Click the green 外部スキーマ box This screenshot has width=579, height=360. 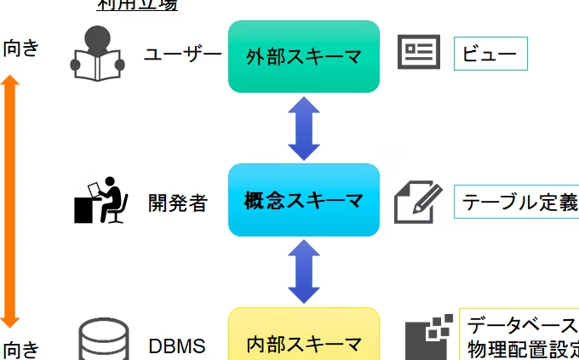[303, 56]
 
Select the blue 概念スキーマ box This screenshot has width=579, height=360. [303, 201]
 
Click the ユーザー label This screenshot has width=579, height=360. [182, 56]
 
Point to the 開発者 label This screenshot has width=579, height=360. [177, 203]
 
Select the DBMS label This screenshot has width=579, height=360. [177, 346]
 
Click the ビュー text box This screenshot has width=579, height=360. [490, 54]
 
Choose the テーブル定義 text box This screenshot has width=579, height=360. [518, 203]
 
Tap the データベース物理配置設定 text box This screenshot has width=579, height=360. [521, 337]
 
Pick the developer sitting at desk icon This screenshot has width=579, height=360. [101, 201]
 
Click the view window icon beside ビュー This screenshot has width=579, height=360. [419, 53]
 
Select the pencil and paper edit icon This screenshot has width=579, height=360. [418, 201]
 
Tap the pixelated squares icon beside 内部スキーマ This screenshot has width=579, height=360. [428, 339]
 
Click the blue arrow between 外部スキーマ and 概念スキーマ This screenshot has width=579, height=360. [303, 129]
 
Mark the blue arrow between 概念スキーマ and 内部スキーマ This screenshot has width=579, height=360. [303, 271]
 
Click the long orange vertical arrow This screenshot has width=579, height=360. [10, 201]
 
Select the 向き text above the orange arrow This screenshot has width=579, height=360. [20, 48]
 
